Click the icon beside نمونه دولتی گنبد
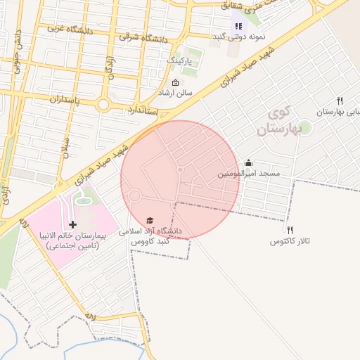[238, 26]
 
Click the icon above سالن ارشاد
[175, 83]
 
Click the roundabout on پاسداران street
[104, 105]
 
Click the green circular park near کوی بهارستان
[305, 128]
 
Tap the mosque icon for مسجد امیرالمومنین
[248, 162]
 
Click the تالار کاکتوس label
[290, 241]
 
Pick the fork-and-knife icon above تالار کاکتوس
[290, 230]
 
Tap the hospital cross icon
[73, 224]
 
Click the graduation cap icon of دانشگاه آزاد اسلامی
[149, 219]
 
